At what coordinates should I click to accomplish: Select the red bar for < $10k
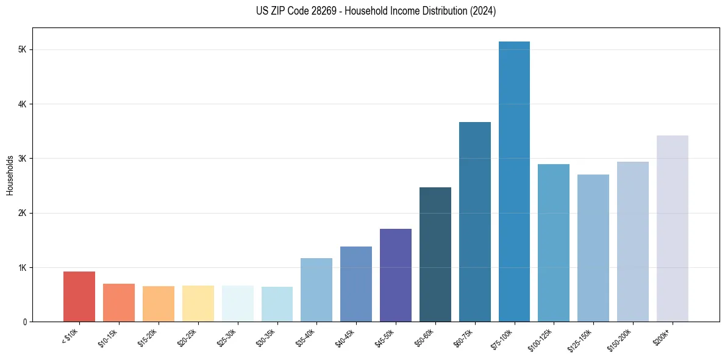pos(79,297)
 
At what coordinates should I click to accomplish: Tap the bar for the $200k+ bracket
pos(672,229)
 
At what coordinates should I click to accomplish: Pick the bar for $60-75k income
pos(474,222)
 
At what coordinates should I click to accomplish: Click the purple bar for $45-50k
pos(396,275)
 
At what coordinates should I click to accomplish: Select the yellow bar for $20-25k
pos(198,304)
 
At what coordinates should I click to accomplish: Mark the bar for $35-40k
pos(316,290)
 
